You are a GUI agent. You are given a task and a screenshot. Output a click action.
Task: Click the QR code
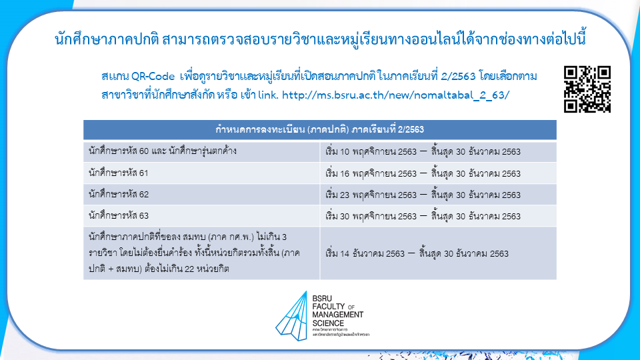(x=587, y=89)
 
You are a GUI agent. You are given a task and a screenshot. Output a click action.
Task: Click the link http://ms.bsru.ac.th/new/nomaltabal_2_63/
(x=395, y=95)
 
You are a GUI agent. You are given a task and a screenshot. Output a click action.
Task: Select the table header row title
(x=319, y=130)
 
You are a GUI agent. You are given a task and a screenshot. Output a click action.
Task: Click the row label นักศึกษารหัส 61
(x=119, y=173)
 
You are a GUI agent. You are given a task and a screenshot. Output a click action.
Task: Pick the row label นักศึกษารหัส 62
(x=119, y=194)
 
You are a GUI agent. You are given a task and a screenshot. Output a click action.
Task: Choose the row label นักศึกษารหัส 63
(x=119, y=215)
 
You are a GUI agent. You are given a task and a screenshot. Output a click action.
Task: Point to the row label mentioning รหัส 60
(x=163, y=151)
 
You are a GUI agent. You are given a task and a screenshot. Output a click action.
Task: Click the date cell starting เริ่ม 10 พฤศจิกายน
(x=423, y=152)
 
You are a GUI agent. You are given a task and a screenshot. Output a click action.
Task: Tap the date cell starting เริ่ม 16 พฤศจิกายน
(x=423, y=173)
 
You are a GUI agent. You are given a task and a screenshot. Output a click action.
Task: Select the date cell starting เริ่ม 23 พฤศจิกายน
(x=423, y=195)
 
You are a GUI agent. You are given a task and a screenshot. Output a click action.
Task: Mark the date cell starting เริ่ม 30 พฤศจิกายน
(x=423, y=216)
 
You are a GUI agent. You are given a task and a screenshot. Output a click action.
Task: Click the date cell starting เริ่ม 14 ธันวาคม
(x=417, y=253)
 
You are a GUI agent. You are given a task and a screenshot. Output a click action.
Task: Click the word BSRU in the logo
(x=322, y=299)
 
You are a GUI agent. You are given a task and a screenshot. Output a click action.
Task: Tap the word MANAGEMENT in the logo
(x=337, y=315)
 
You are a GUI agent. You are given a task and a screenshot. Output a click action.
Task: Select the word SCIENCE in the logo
(x=328, y=323)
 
